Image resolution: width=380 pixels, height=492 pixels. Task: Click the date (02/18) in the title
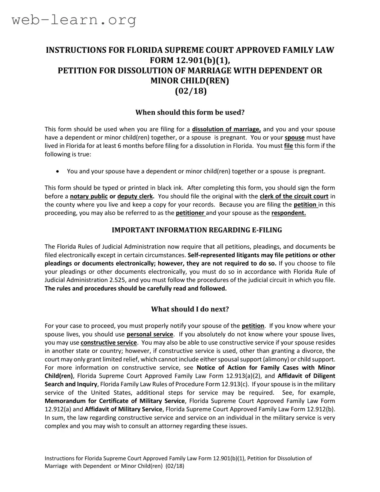190,91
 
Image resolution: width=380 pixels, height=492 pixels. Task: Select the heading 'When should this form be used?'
190,112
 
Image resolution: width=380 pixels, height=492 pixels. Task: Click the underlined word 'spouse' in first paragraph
294,138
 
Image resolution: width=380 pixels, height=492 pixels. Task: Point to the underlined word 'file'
288,146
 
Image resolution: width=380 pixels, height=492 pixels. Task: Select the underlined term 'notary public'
89,197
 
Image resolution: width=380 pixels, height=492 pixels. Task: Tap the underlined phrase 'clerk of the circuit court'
294,197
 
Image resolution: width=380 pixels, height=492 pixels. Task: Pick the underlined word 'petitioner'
191,213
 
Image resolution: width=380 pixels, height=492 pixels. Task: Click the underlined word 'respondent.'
288,213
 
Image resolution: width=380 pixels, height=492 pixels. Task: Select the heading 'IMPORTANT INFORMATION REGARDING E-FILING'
197,230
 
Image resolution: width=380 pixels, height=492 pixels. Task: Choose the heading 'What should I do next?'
190,309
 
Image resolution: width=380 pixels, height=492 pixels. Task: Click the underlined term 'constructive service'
109,343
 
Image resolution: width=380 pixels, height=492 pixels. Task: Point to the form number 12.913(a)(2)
244,376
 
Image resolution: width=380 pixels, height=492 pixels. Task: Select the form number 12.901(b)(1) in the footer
229,458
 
